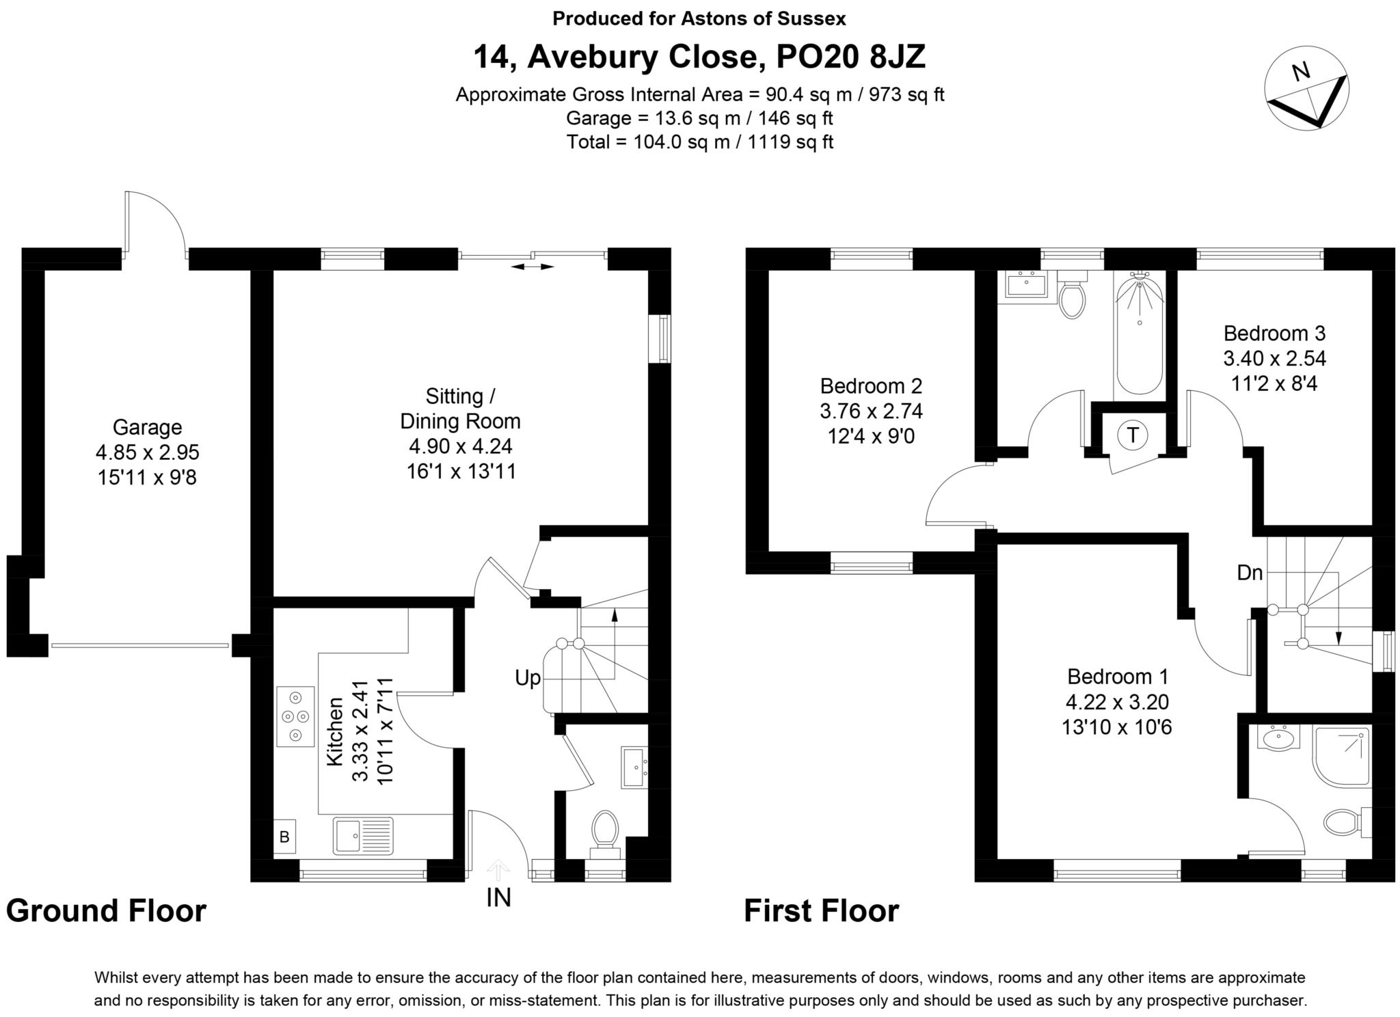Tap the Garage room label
pos(147,427)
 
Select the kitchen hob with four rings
pos(295,716)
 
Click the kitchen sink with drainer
pos(363,835)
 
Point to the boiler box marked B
pos(284,837)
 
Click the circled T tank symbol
pos(1133,435)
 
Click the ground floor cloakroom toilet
pos(604,831)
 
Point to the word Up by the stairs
pos(528,678)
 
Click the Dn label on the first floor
pos(1250,573)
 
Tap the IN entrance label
pos(498,897)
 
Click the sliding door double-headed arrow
pos(533,267)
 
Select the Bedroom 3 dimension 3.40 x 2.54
pos(1274,358)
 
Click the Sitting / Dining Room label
pos(460,409)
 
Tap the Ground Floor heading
pos(106,911)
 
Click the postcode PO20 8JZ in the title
pos(850,57)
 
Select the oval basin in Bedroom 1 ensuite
pos(1276,739)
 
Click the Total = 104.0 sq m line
pos(699,142)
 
